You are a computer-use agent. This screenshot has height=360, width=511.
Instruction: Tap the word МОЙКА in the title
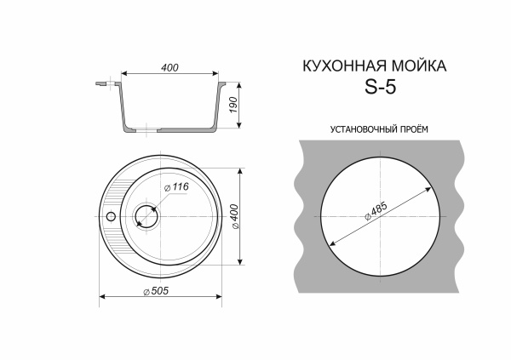(x=416, y=66)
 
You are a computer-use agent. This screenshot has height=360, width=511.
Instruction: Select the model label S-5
(x=381, y=87)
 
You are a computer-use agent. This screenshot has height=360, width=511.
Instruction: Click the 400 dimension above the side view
(x=169, y=69)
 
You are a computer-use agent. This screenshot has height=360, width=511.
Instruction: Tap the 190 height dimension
(x=232, y=106)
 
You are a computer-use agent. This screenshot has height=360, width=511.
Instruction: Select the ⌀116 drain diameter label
(x=177, y=186)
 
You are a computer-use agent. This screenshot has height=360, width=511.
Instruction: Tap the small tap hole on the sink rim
(x=110, y=216)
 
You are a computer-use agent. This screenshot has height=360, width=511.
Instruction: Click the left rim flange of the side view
(x=105, y=84)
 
